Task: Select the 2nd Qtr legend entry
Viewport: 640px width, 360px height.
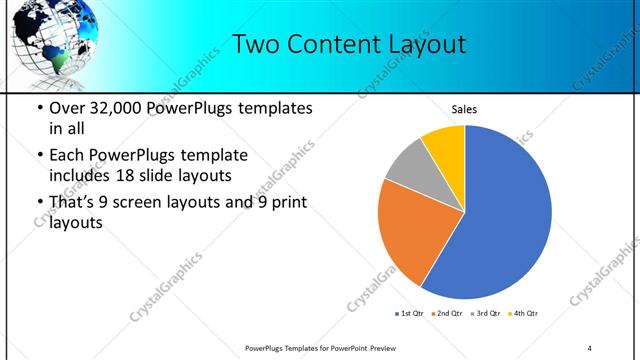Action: pyautogui.click(x=447, y=314)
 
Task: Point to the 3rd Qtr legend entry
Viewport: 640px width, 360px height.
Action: pyautogui.click(x=486, y=314)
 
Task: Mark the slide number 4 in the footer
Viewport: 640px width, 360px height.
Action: pyautogui.click(x=590, y=347)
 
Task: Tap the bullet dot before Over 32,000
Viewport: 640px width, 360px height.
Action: pyautogui.click(x=39, y=108)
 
